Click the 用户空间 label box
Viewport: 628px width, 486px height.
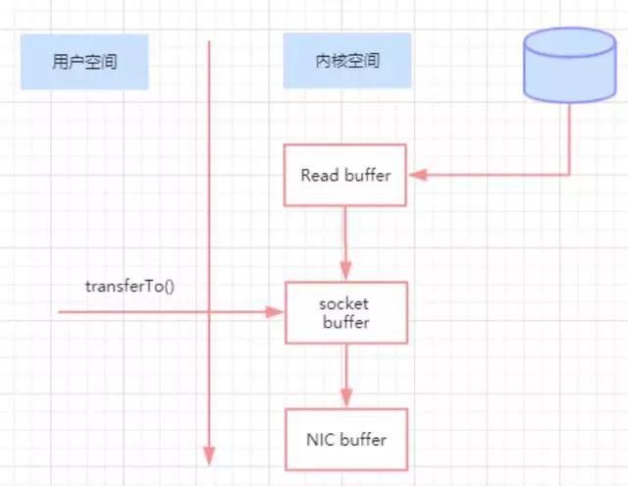coord(83,62)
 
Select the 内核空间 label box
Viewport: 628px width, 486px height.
coord(344,62)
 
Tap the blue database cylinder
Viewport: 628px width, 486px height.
coord(569,64)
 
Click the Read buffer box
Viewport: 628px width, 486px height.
coord(345,176)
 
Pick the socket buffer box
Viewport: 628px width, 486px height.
coord(345,312)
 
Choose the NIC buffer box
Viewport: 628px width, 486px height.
coord(345,439)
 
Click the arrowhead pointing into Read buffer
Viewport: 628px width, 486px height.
coord(416,176)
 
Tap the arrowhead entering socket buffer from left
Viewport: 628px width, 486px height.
coord(276,312)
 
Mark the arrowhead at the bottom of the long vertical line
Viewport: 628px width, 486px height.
coord(209,455)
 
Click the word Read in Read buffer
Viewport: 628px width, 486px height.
coord(320,177)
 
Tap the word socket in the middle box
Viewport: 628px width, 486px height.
coord(344,303)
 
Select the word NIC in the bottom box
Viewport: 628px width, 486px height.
coord(320,439)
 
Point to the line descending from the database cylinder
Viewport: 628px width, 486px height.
coord(569,137)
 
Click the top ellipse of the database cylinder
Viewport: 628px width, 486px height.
coord(569,40)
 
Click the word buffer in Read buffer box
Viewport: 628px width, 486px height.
coord(367,177)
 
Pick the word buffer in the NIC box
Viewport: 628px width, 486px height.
coord(363,439)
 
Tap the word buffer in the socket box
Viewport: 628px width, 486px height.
coord(344,321)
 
